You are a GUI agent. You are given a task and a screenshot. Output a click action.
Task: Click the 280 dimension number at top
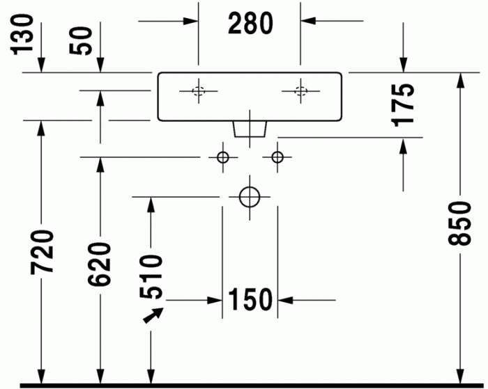click(250, 23)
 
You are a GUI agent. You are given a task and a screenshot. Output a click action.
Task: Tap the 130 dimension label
click(22, 35)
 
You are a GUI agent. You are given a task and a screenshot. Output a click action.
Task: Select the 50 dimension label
click(81, 41)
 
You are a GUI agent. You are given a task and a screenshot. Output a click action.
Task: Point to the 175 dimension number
click(404, 106)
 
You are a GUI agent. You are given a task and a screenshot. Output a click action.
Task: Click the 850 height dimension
click(460, 223)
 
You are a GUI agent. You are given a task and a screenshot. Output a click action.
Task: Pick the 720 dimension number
click(42, 253)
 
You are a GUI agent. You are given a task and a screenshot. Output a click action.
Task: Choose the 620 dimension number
click(99, 264)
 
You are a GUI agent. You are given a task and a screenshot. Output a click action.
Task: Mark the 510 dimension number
click(151, 277)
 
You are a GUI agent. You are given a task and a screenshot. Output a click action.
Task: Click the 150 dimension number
click(250, 299)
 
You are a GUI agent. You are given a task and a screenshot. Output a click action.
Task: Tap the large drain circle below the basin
click(250, 187)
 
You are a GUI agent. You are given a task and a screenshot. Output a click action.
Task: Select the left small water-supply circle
click(223, 152)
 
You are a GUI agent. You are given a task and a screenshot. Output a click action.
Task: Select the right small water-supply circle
click(277, 152)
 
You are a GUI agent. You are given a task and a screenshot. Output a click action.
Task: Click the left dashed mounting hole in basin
click(199, 87)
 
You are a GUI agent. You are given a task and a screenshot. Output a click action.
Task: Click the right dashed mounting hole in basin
click(300, 87)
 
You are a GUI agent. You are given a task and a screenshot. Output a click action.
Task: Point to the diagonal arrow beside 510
click(153, 315)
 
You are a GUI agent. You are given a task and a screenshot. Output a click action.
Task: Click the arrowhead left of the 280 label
click(190, 21)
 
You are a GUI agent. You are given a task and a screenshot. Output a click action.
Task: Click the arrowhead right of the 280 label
click(308, 21)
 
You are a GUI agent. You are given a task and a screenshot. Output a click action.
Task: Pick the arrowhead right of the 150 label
click(285, 300)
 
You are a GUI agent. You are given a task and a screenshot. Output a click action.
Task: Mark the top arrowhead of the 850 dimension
click(460, 80)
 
